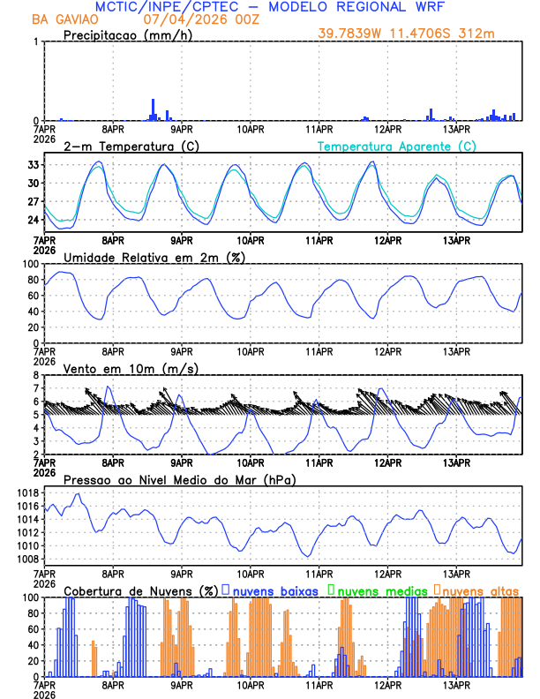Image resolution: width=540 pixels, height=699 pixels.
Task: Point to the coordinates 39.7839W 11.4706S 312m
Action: click(417, 34)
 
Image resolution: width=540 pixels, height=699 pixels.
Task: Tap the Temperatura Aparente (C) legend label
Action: click(396, 146)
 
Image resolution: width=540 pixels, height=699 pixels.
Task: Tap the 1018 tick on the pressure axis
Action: click(26, 492)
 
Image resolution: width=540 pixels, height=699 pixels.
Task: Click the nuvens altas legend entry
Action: click(481, 590)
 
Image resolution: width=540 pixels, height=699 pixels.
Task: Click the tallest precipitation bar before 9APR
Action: click(153, 109)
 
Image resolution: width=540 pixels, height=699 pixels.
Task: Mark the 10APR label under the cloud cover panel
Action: click(251, 684)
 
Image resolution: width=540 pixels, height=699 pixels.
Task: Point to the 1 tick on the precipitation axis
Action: click(36, 42)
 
